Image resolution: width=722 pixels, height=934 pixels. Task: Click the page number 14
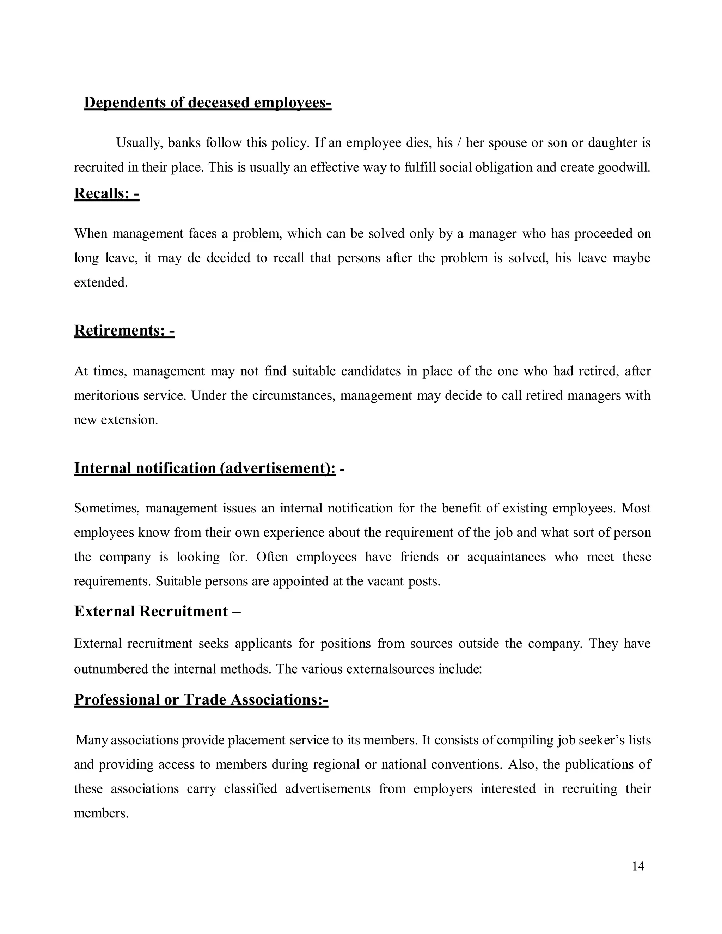click(x=638, y=866)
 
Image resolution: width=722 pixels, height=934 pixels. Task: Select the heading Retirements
click(x=124, y=331)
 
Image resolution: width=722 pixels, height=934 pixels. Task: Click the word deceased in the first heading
click(x=219, y=103)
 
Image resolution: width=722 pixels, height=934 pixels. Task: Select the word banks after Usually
click(x=184, y=142)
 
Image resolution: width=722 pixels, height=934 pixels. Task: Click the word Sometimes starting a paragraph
click(x=106, y=509)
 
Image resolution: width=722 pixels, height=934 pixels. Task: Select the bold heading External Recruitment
click(x=151, y=612)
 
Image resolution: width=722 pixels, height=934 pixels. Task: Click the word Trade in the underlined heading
click(x=204, y=700)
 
